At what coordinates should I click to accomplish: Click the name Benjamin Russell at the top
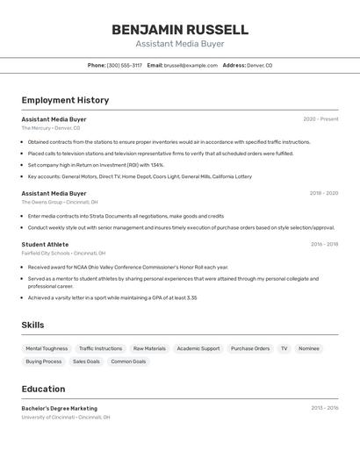pyautogui.click(x=179, y=30)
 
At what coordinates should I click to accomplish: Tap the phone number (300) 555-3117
pyautogui.click(x=124, y=65)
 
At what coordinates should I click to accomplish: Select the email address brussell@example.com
pyautogui.click(x=191, y=65)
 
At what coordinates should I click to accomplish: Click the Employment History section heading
pyautogui.click(x=65, y=100)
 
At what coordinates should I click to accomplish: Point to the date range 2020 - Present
pyautogui.click(x=320, y=119)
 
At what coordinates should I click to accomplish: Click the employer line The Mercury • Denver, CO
pyautogui.click(x=51, y=128)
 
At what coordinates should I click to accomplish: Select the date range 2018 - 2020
pyautogui.click(x=323, y=193)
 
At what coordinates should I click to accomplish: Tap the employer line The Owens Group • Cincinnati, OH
pyautogui.click(x=60, y=202)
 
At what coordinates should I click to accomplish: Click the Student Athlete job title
pyautogui.click(x=45, y=244)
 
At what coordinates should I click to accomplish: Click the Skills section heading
pyautogui.click(x=32, y=325)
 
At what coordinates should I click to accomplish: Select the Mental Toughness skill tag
pyautogui.click(x=47, y=348)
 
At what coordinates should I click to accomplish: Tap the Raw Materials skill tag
pyautogui.click(x=149, y=348)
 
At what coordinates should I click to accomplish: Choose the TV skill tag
pyautogui.click(x=284, y=348)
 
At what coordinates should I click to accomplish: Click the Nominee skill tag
pyautogui.click(x=309, y=348)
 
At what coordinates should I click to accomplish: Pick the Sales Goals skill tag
pyautogui.click(x=86, y=361)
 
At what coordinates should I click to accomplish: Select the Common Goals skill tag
pyautogui.click(x=128, y=361)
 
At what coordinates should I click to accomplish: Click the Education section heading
pyautogui.click(x=43, y=389)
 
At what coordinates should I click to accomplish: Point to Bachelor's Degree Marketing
pyautogui.click(x=60, y=408)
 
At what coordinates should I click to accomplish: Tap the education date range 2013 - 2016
pyautogui.click(x=324, y=408)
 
